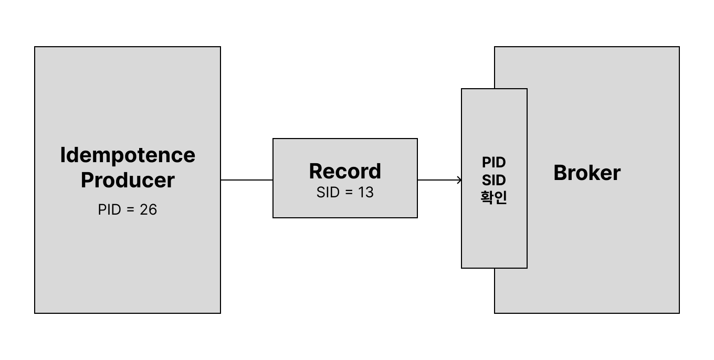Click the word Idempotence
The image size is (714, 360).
tap(128, 155)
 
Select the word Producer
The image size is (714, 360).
tap(128, 180)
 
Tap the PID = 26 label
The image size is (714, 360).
tap(128, 209)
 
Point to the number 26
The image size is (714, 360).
tap(149, 209)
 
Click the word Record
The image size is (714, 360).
tap(345, 171)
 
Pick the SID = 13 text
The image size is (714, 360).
tap(345, 193)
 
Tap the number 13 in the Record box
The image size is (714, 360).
tap(366, 193)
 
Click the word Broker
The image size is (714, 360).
tap(587, 173)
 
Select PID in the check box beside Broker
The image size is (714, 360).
tap(494, 162)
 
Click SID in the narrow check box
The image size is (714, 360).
tap(494, 180)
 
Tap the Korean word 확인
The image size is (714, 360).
tap(494, 198)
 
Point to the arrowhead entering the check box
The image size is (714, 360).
tap(459, 180)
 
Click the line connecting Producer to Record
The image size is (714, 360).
tap(247, 180)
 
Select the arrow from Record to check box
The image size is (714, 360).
tap(439, 180)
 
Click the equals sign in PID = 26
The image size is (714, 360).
tap(131, 209)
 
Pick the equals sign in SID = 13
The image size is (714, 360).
tap(349, 193)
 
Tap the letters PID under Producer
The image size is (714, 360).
tap(109, 209)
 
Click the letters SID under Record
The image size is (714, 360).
tap(328, 193)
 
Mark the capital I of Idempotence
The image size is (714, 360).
tap(63, 155)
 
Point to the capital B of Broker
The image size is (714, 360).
tap(560, 173)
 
